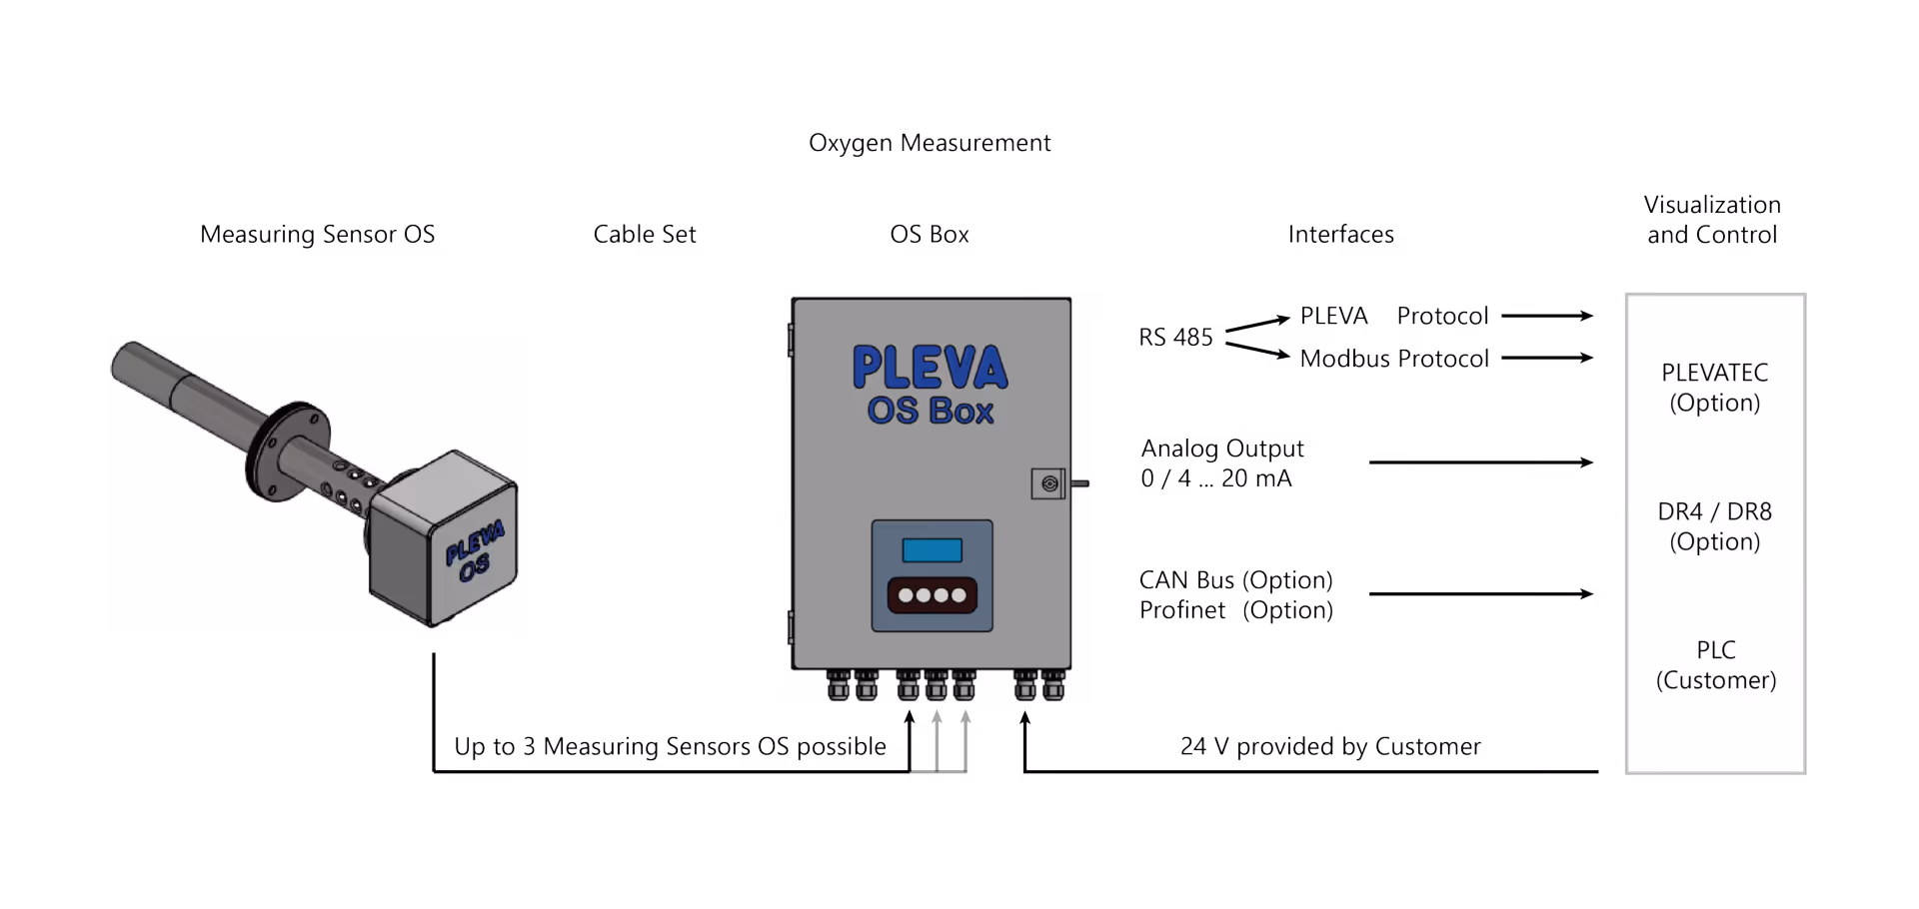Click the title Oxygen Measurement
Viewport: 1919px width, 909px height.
click(x=930, y=143)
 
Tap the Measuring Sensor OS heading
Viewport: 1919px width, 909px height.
click(x=317, y=235)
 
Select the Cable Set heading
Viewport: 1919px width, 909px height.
click(x=644, y=235)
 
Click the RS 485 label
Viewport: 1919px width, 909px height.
click(x=1175, y=338)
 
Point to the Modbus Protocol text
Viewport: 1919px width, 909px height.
click(x=1394, y=359)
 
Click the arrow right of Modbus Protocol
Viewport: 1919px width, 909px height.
click(x=1547, y=358)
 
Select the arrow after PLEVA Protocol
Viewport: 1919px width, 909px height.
click(x=1547, y=316)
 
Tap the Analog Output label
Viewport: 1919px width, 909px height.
click(x=1222, y=449)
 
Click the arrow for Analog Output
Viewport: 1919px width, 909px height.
click(x=1480, y=462)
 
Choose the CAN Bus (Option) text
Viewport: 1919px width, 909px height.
click(x=1235, y=580)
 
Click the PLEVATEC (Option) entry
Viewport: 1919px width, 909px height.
click(x=1714, y=388)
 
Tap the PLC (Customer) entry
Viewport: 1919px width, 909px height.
click(x=1715, y=665)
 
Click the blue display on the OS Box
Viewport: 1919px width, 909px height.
click(x=932, y=550)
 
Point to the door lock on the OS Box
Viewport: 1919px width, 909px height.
click(x=1049, y=484)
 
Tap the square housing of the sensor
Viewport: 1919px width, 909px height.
click(x=445, y=539)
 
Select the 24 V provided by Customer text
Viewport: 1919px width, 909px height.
click(x=1329, y=747)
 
